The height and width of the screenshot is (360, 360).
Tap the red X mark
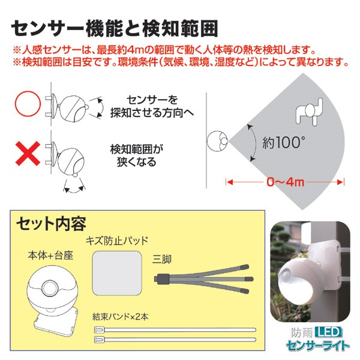click(x=28, y=154)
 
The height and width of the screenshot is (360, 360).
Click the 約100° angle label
click(x=284, y=142)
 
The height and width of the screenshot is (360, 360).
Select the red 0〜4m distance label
click(x=286, y=182)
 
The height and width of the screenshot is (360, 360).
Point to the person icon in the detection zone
click(x=309, y=112)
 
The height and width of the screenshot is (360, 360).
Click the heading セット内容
click(x=51, y=223)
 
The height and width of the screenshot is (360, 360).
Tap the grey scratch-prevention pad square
click(x=116, y=273)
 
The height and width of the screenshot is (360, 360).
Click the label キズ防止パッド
click(x=117, y=241)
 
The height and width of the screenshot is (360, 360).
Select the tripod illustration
click(x=203, y=279)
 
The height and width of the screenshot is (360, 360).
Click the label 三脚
click(x=162, y=259)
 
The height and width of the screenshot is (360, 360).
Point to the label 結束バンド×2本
click(x=121, y=317)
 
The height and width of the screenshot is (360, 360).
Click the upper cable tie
click(x=175, y=330)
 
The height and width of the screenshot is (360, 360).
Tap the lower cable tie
click(x=175, y=339)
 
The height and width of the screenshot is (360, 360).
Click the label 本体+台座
click(x=50, y=255)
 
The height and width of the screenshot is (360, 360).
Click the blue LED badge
click(x=329, y=332)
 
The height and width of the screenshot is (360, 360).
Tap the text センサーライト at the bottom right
click(x=318, y=345)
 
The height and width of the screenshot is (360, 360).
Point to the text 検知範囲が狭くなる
click(x=137, y=155)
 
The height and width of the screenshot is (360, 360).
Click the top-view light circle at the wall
click(x=217, y=141)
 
